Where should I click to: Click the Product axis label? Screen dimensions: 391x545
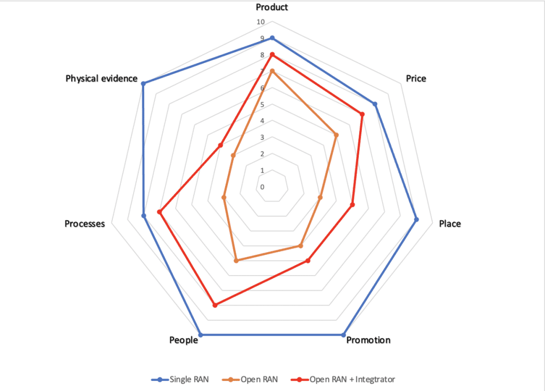[272, 7]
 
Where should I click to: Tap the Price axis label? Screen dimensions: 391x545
[416, 79]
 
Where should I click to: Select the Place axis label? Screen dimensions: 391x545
[450, 223]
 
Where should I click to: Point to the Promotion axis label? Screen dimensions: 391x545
[368, 340]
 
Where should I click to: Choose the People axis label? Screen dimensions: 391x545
[183, 340]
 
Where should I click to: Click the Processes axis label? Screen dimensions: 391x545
[85, 223]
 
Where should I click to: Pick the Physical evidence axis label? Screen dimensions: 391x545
[102, 79]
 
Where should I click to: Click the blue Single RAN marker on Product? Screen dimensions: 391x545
[272, 38]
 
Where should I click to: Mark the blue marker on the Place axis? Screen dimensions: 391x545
[416, 219]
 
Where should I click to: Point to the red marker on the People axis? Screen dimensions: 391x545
[215, 305]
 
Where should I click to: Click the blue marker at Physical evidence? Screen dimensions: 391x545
[143, 83]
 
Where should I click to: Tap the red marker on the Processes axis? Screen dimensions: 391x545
[159, 212]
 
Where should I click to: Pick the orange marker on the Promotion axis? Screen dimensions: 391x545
[301, 246]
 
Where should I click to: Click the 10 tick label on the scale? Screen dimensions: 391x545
[260, 22]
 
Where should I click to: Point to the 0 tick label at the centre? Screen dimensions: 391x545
[262, 187]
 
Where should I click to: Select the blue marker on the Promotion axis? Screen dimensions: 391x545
[343, 335]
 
